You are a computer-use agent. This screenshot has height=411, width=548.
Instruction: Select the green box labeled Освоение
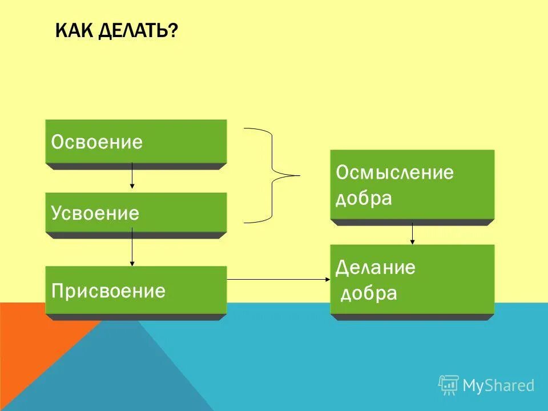(136, 142)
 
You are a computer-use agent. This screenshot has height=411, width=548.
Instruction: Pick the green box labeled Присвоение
(136, 291)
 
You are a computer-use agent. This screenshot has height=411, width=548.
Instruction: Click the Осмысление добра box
(412, 184)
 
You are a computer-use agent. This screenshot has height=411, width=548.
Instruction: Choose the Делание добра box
(412, 279)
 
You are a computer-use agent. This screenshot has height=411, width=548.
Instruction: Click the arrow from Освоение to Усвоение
(132, 176)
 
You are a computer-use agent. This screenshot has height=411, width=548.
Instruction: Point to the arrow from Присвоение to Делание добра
(279, 279)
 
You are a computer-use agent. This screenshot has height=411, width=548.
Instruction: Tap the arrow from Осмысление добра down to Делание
(412, 233)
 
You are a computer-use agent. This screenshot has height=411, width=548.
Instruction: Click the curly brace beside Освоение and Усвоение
(272, 175)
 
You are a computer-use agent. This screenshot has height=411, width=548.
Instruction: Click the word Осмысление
(394, 172)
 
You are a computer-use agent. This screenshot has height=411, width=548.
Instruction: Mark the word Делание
(376, 267)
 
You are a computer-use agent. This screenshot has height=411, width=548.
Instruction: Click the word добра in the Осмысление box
(364, 198)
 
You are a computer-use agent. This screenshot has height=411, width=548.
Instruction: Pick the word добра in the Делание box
(368, 293)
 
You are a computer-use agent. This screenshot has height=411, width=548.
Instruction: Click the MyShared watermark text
(498, 385)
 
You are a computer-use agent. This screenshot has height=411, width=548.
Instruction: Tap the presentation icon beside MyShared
(449, 385)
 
